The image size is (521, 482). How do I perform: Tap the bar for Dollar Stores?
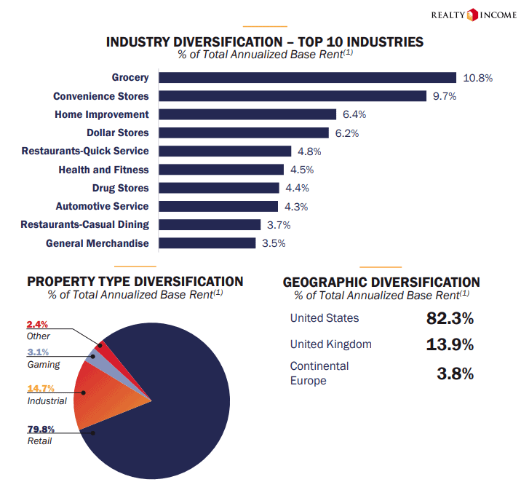(244, 133)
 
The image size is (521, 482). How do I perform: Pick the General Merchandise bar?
(207, 243)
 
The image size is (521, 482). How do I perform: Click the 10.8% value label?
(478, 78)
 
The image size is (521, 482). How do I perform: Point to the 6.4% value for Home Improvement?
(354, 114)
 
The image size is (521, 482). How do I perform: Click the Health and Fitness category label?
(103, 170)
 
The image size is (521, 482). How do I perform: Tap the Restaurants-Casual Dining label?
(84, 224)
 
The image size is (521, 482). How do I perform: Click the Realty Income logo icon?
(472, 14)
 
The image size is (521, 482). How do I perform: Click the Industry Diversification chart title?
(265, 42)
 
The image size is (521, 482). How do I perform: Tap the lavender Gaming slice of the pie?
(92, 356)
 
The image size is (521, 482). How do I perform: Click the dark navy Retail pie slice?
(175, 408)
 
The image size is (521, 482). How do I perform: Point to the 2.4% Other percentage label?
(37, 324)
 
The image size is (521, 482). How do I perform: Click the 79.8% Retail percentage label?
(41, 429)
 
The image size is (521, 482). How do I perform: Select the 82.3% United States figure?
(450, 318)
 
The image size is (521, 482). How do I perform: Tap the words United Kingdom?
(330, 344)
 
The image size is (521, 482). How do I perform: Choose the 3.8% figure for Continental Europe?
(455, 374)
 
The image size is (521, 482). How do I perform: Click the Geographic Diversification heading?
(381, 282)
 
